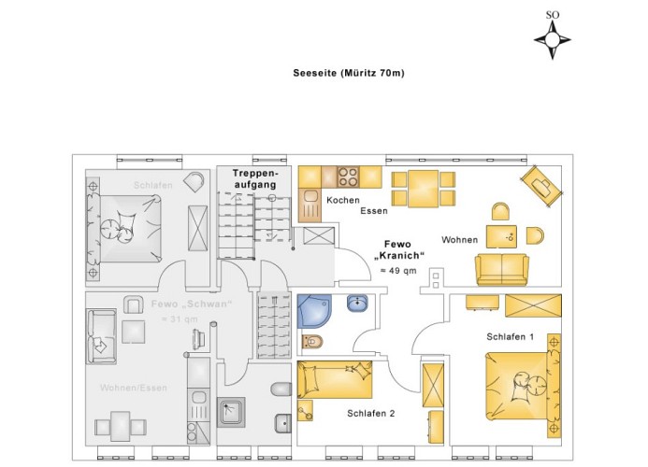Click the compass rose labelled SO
553,40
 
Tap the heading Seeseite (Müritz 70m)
349,73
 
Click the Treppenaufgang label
255,178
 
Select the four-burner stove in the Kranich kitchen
348,177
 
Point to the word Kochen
343,200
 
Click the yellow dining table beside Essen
423,189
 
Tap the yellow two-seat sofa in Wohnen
502,269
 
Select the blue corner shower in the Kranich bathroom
314,311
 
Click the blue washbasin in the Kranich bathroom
357,303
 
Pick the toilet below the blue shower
312,342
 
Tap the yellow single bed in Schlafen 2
335,379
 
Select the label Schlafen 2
370,414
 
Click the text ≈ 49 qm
398,271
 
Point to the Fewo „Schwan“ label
192,304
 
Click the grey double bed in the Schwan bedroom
124,228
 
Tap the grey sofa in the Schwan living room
101,336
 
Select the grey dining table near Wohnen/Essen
121,426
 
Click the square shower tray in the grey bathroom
231,412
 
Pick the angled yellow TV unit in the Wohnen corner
541,185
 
